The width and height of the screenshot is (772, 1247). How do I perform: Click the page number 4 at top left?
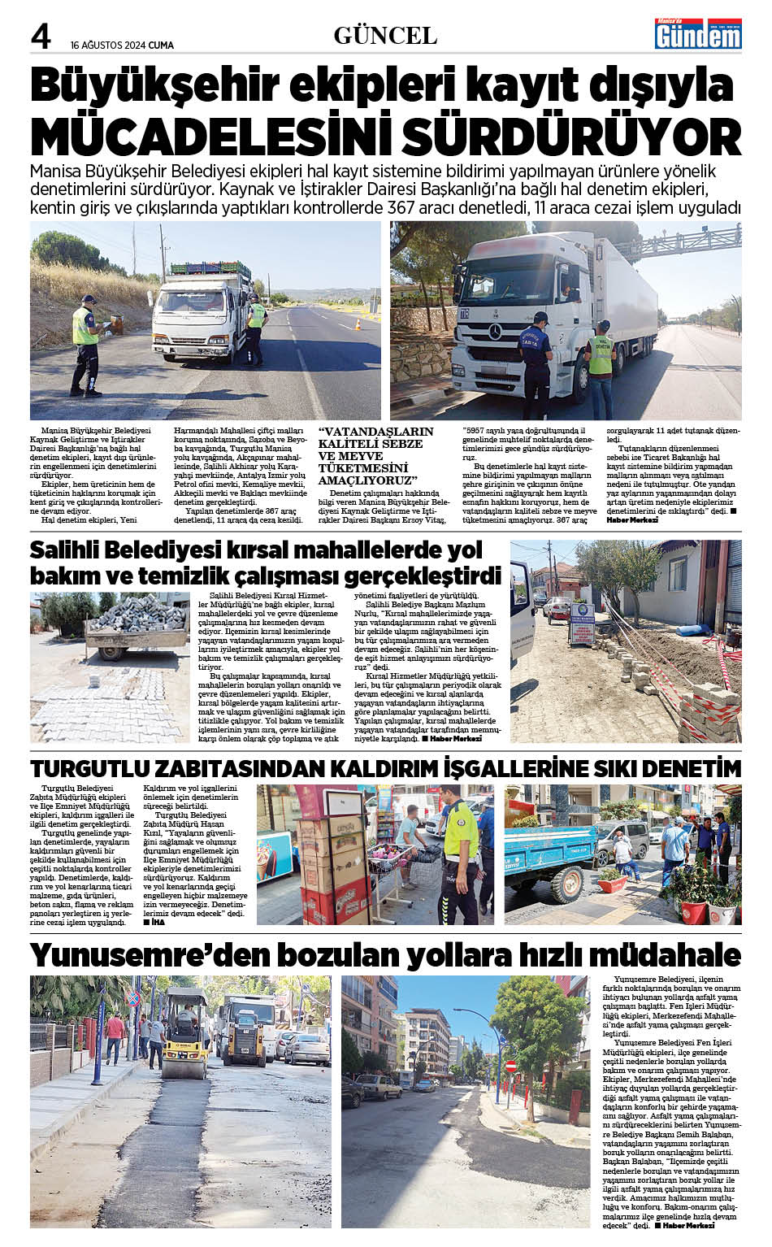(x=41, y=36)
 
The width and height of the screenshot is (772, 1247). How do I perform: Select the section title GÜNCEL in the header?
(x=385, y=36)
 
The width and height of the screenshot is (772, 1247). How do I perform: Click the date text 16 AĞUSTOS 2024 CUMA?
(x=122, y=46)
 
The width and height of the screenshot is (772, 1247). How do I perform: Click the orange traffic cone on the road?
(x=358, y=324)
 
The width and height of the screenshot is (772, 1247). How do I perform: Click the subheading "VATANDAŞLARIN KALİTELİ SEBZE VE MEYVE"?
(x=375, y=449)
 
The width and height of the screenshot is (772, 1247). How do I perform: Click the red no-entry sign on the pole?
(x=511, y=1065)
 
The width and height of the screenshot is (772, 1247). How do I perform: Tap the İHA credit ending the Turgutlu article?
(x=154, y=922)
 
